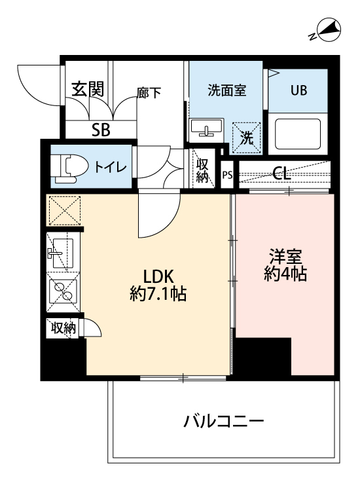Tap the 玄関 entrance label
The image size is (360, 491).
pos(88,90)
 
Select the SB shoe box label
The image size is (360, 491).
pos(101,130)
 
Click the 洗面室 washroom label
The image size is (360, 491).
pos(226,90)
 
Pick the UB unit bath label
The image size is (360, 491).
pos(298,90)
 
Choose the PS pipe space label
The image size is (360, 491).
pos(227,175)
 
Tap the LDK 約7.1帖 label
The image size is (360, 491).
pos(158,285)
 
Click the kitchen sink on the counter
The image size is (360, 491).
pos(62,252)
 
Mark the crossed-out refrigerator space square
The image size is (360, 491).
pos(63,210)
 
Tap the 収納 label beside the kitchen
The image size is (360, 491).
pos(63,327)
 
